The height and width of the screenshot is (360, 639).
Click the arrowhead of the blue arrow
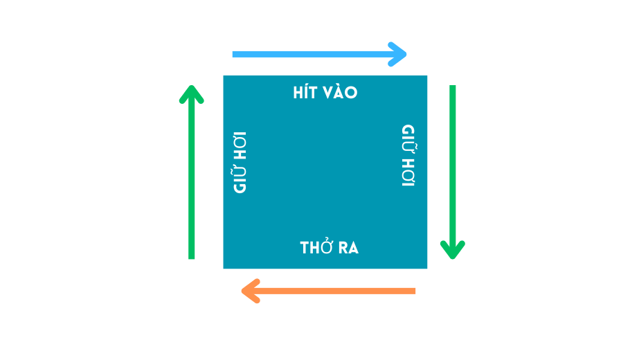pyautogui.click(x=400, y=54)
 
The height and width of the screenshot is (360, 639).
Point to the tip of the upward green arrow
pyautogui.click(x=192, y=88)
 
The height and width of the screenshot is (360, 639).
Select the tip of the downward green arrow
pyautogui.click(x=453, y=256)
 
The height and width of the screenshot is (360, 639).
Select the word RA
pyautogui.click(x=348, y=248)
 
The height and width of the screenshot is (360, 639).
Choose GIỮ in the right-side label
pyautogui.click(x=408, y=137)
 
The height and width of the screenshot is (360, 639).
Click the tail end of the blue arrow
pyautogui.click(x=234, y=54)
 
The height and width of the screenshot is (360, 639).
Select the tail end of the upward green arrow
pyautogui.click(x=192, y=258)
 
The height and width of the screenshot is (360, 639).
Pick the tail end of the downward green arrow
pyautogui.click(x=453, y=87)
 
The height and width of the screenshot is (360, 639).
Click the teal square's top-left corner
pyautogui.click(x=224, y=76)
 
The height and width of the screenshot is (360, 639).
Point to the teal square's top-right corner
pyautogui.click(x=427, y=76)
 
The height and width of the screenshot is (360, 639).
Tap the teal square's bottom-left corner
pyautogui.click(x=224, y=268)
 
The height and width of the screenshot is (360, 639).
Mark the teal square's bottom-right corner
pyautogui.click(x=427, y=268)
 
